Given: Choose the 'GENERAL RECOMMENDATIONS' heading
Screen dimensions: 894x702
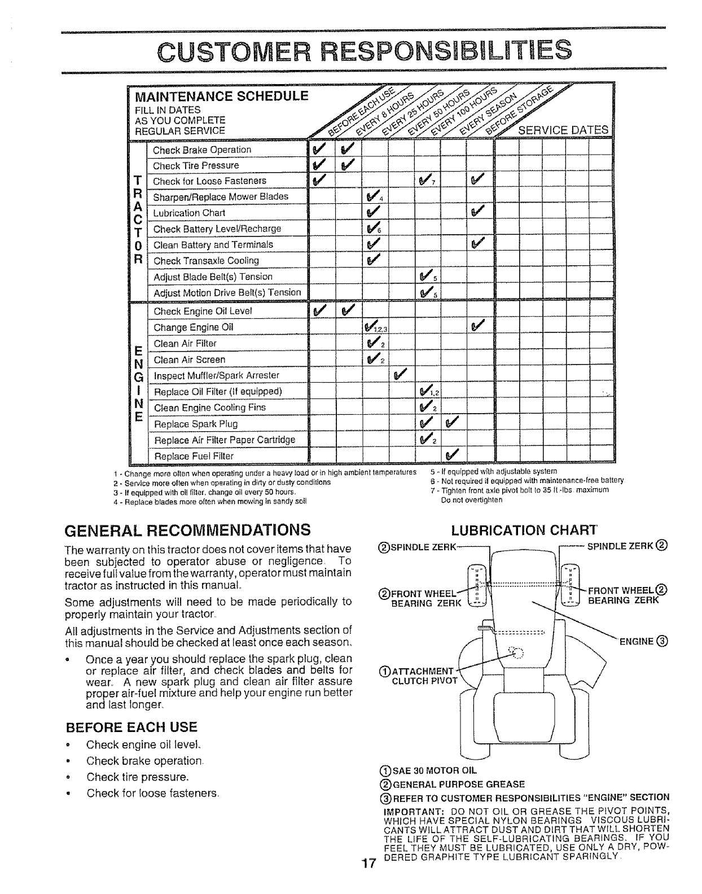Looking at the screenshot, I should point(188,530).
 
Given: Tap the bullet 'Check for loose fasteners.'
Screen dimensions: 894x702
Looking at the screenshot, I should point(152,792).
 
